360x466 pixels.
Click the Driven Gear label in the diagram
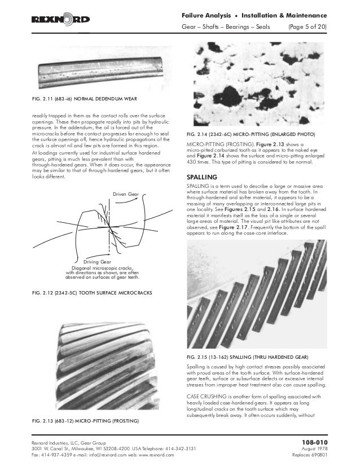tap(126, 195)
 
